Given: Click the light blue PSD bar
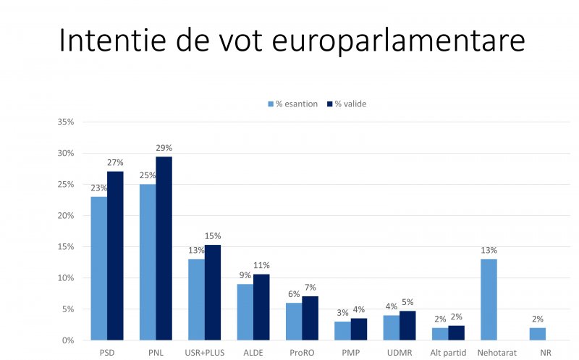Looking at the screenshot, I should coord(98,268).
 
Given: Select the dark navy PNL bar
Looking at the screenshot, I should coord(164,248).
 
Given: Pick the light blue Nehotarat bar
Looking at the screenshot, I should coord(489,299).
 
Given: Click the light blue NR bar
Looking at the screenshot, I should coord(538,334).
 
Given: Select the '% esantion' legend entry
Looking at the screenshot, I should coord(292,104).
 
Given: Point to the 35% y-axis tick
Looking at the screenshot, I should coord(66,122).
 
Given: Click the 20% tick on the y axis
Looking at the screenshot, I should coord(66,215).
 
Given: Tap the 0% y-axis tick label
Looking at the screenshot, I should coord(68,340).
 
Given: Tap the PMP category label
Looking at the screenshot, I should coord(350,352).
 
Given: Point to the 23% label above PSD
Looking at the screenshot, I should coord(98,188).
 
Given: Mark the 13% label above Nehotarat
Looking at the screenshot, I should coord(489,251).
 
